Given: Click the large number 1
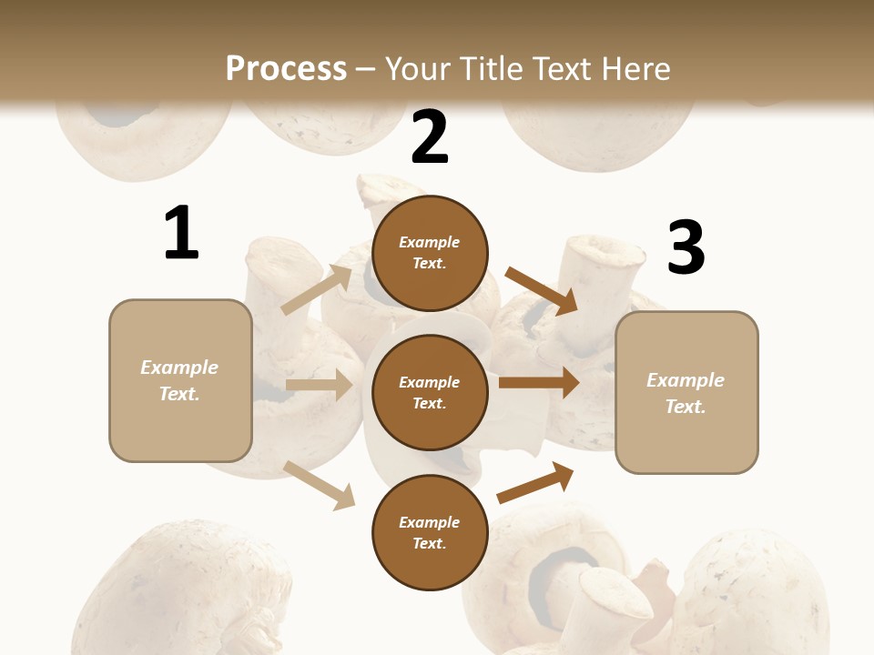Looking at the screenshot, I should click(181, 234).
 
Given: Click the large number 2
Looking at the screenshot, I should click(430, 137).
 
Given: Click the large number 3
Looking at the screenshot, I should click(686, 248).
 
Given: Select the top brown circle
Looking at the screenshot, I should click(430, 253).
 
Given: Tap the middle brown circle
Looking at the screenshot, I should click(430, 392).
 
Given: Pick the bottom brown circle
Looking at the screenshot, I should click(430, 532).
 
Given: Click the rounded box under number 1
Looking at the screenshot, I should click(180, 380).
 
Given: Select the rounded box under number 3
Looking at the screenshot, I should click(686, 392).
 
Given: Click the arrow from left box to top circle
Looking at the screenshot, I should click(317, 289).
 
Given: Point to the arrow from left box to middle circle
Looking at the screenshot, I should click(319, 385).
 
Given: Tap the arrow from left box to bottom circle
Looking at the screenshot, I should click(320, 485).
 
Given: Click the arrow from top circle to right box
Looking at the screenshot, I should click(542, 290).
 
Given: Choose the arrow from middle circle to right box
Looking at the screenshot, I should click(538, 382).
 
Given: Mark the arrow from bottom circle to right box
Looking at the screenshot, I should click(535, 482).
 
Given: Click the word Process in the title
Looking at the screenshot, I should click(286, 68).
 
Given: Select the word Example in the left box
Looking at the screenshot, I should click(179, 368).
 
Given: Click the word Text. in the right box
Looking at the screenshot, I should click(686, 406).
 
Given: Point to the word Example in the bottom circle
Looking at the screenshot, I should click(429, 522).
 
